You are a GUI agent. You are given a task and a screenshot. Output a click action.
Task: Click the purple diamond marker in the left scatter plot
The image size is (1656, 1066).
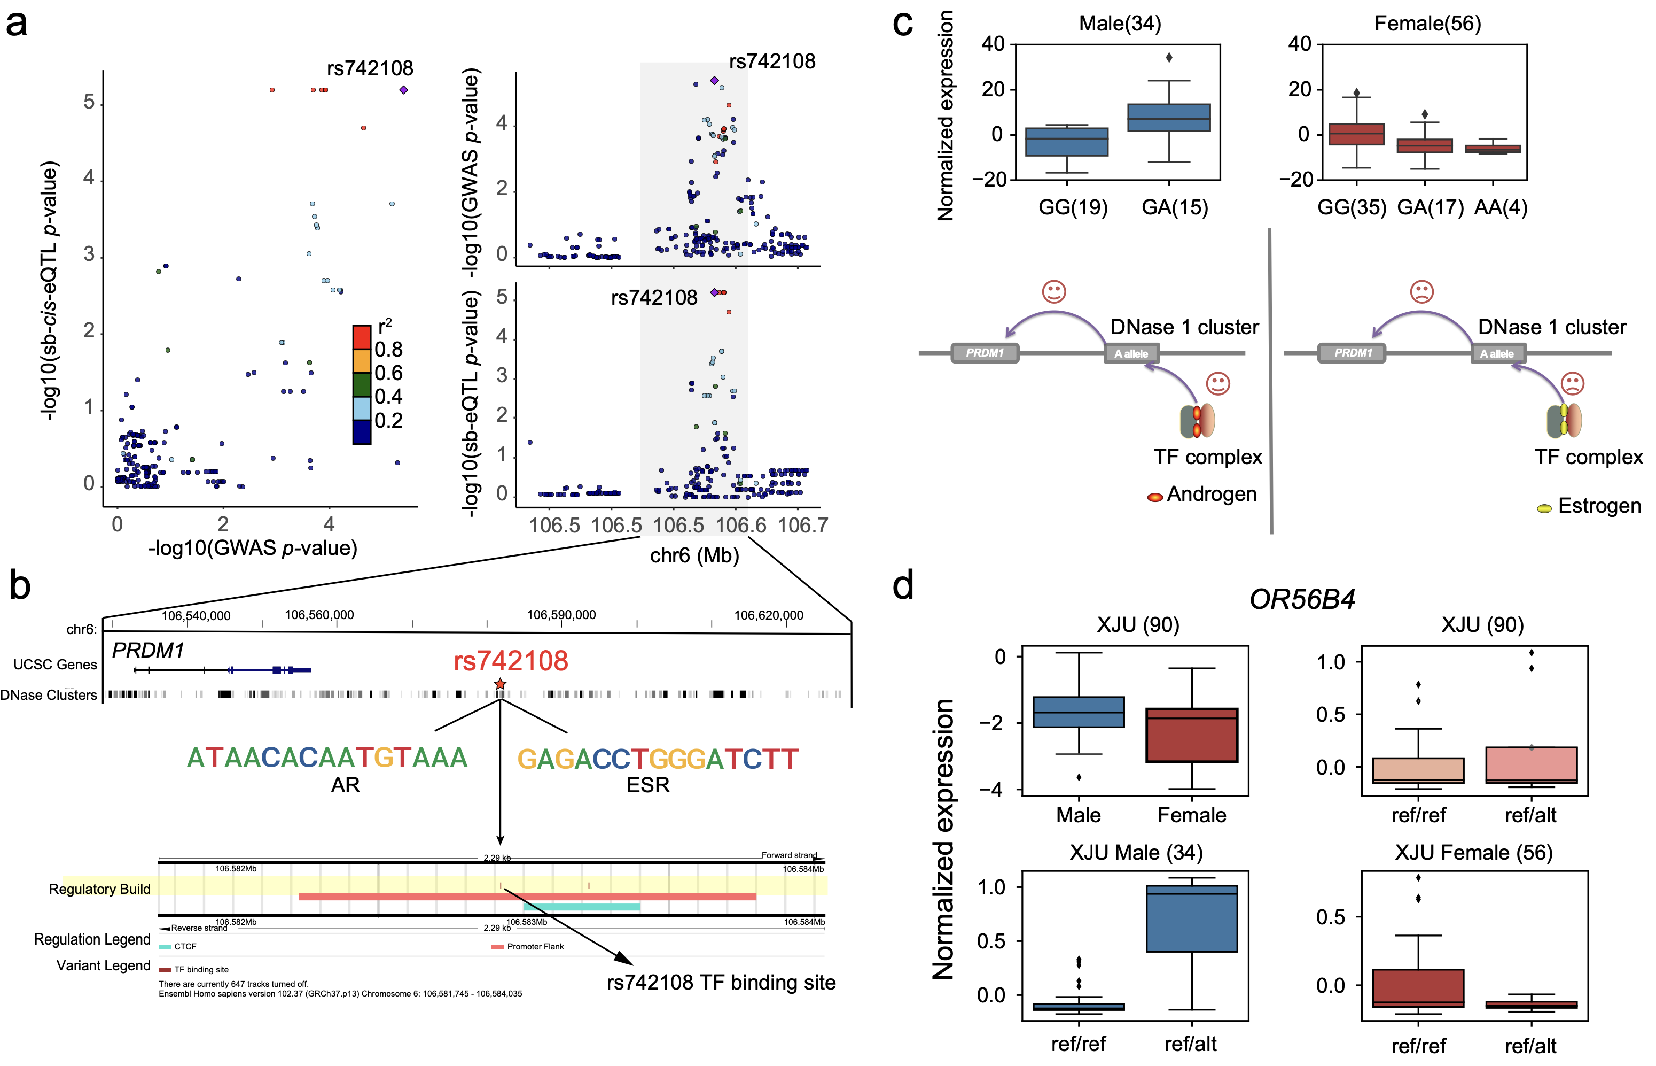pyautogui.click(x=403, y=90)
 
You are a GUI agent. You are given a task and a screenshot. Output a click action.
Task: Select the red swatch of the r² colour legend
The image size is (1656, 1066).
pyautogui.click(x=362, y=337)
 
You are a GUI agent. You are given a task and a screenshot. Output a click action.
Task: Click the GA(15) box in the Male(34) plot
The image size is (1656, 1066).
pyautogui.click(x=1168, y=118)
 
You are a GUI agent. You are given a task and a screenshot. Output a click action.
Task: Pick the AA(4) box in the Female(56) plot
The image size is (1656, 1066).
pyautogui.click(x=1492, y=149)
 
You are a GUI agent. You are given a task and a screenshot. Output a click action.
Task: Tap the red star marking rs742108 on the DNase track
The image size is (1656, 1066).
pyautogui.click(x=500, y=684)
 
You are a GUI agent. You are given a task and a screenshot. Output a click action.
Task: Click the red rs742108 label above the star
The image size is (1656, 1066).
pyautogui.click(x=511, y=661)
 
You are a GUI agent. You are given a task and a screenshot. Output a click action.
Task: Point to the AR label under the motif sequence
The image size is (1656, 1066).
pyautogui.click(x=345, y=785)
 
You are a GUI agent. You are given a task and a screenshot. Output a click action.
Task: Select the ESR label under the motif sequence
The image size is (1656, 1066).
pyautogui.click(x=647, y=785)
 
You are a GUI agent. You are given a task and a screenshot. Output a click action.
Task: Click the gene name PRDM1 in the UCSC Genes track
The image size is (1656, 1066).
pyautogui.click(x=148, y=651)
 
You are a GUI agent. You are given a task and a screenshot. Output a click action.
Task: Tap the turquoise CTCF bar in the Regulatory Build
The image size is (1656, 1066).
pyautogui.click(x=581, y=907)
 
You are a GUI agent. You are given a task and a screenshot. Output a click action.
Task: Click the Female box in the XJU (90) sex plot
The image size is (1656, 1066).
pyautogui.click(x=1191, y=735)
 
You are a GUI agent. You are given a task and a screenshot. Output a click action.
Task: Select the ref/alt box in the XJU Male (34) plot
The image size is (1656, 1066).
pyautogui.click(x=1191, y=918)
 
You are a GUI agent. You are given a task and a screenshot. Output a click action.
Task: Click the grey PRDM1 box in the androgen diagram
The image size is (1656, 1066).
pyautogui.click(x=985, y=353)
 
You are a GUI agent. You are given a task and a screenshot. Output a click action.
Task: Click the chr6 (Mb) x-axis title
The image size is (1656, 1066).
pyautogui.click(x=694, y=555)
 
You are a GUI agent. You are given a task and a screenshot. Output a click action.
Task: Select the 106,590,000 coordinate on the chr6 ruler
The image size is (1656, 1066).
pyautogui.click(x=561, y=615)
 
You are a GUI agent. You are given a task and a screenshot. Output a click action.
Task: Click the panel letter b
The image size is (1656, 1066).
pyautogui.click(x=20, y=585)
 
